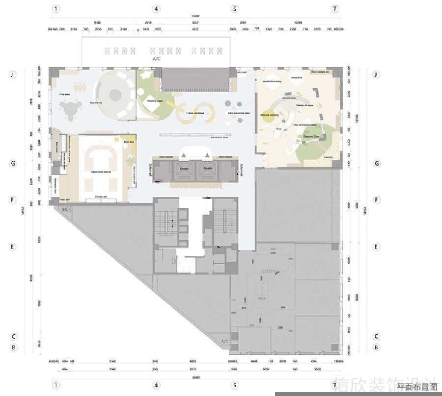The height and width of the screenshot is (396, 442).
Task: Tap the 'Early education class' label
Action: (x=239, y=113)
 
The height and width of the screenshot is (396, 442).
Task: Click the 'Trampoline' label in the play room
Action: (x=296, y=77)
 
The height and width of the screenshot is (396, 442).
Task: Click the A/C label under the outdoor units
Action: (x=156, y=59)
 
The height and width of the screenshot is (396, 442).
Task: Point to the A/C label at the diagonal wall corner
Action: (x=225, y=341)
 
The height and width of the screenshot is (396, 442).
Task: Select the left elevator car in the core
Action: (x=185, y=170)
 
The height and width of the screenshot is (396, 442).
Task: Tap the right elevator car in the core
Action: (x=207, y=170)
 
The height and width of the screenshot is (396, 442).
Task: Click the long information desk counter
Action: (x=194, y=134)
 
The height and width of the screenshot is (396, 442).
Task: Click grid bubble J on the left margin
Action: (x=14, y=75)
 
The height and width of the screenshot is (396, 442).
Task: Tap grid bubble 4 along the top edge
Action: (x=156, y=9)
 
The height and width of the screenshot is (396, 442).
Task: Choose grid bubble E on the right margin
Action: (x=377, y=247)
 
